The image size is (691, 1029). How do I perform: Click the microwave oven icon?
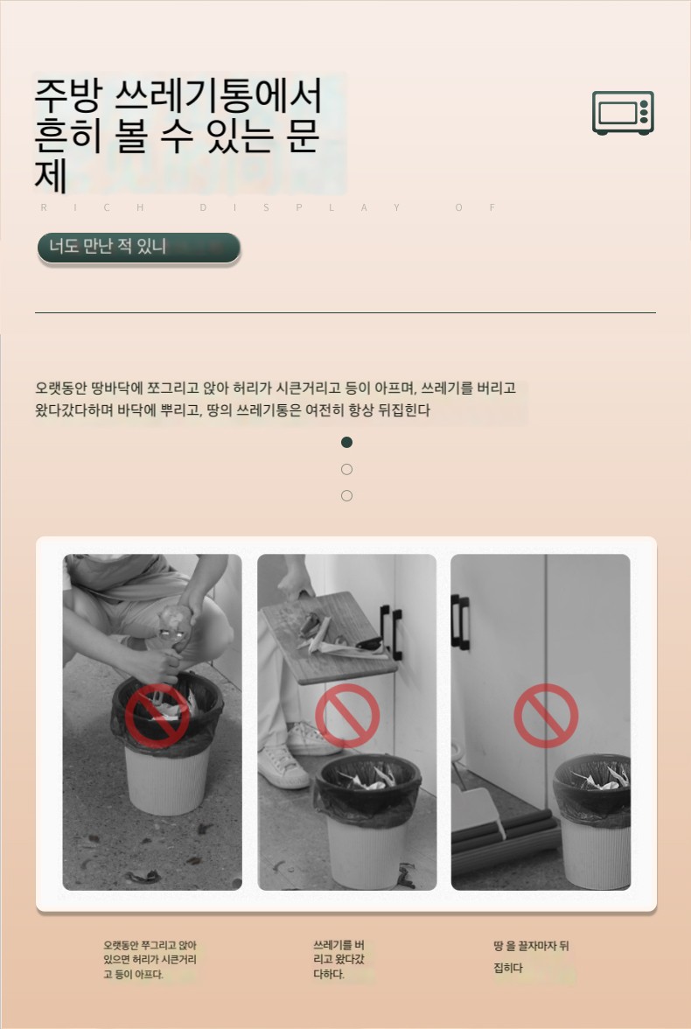pos(623,113)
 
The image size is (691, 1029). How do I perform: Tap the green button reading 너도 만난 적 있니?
pos(139,248)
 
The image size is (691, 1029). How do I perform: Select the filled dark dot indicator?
pos(346,443)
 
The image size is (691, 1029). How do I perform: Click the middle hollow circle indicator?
pos(346,469)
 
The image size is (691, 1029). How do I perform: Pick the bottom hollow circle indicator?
pos(346,495)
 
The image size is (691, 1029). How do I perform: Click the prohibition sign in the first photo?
pos(157,716)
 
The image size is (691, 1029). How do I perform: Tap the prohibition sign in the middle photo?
pos(347,716)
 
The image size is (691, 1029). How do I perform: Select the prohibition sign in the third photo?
pos(546,716)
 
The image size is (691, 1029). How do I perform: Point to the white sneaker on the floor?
pos(283,766)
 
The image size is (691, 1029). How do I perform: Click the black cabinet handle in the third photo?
pos(460,622)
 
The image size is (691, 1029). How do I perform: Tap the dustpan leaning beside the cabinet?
pos(478,812)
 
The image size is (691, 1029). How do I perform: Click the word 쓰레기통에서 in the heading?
pos(219,96)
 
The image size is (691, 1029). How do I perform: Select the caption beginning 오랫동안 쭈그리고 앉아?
pos(150,960)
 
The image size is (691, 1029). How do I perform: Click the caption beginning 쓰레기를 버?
pos(339,960)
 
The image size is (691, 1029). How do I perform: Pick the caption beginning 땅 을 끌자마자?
pos(531,957)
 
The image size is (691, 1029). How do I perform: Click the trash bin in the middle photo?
pos(367,821)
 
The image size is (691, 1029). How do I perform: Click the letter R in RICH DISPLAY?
pos(44,207)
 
